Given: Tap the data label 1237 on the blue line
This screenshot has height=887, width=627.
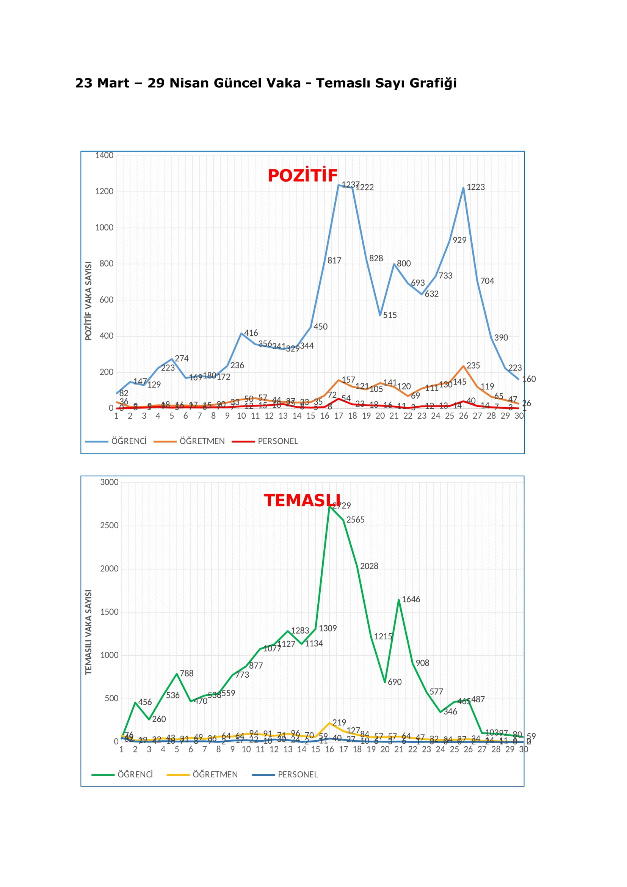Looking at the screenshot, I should pyautogui.click(x=350, y=185).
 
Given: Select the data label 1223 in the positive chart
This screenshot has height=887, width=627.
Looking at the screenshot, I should pyautogui.click(x=475, y=187).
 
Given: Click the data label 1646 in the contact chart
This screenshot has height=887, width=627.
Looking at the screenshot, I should pyautogui.click(x=411, y=599).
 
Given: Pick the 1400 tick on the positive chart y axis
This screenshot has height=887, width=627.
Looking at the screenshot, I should pyautogui.click(x=104, y=155).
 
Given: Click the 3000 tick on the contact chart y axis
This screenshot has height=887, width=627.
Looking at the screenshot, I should pyautogui.click(x=109, y=482).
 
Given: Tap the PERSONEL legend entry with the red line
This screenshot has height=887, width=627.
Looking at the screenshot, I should pyautogui.click(x=277, y=441).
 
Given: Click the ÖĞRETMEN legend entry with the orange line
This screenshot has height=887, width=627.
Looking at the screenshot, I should pyautogui.click(x=202, y=441).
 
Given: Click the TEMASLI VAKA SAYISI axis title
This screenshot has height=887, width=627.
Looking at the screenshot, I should pyautogui.click(x=88, y=632).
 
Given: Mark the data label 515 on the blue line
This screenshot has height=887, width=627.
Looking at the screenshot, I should pyautogui.click(x=390, y=315).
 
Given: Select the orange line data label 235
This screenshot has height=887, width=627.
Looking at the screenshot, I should pyautogui.click(x=473, y=366).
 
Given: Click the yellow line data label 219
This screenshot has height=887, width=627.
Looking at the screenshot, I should pyautogui.click(x=339, y=722).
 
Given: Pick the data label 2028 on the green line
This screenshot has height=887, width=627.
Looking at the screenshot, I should pyautogui.click(x=369, y=566).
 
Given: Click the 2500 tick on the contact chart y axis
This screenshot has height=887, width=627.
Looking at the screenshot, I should pyautogui.click(x=109, y=525).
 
